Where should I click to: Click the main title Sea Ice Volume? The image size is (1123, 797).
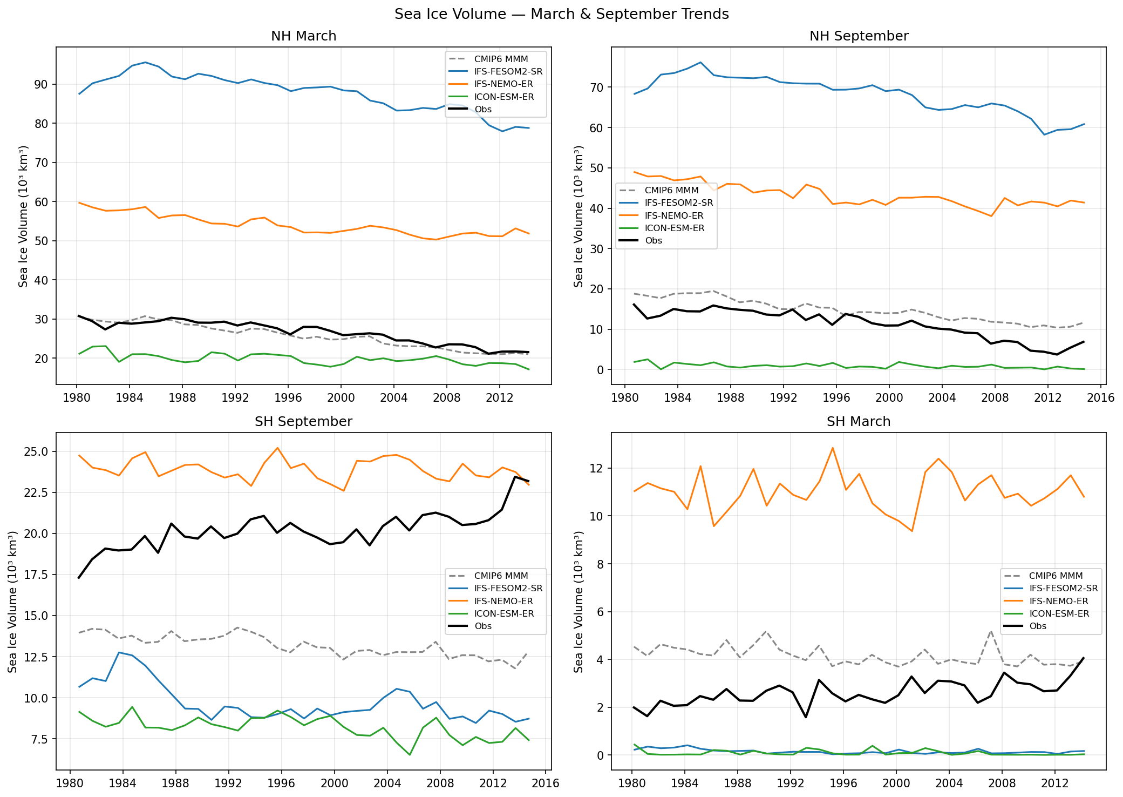tap(561, 14)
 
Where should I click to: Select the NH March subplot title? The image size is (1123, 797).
tap(303, 36)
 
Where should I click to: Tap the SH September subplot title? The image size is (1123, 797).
tap(303, 422)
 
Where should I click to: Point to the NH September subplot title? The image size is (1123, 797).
tap(859, 36)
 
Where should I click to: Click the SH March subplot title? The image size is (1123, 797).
tap(859, 422)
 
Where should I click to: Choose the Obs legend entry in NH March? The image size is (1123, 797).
tap(482, 110)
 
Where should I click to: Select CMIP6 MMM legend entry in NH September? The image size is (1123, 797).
tap(671, 191)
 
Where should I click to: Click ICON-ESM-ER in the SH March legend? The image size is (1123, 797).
tap(1059, 614)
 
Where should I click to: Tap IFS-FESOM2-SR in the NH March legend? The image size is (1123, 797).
tap(508, 72)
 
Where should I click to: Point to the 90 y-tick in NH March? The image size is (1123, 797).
tap(41, 85)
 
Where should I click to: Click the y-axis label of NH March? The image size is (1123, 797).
tap(23, 216)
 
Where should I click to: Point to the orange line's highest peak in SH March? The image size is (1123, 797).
tap(832, 448)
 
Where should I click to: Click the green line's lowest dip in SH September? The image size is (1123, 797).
tap(410, 755)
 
